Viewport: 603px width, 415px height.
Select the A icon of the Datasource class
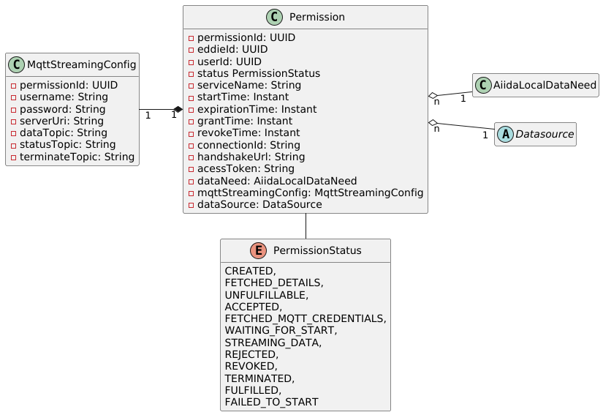pos(507,135)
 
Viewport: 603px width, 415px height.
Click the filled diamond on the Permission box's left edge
pos(178,109)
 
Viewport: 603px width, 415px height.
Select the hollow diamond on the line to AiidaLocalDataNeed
pos(433,95)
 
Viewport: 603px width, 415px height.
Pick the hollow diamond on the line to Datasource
pos(433,121)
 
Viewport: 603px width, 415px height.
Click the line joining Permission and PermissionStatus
pos(306,226)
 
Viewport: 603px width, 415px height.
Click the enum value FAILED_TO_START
pos(271,402)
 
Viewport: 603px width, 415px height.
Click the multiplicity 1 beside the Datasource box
pos(484,135)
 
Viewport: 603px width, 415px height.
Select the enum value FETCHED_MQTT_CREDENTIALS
pos(305,318)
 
